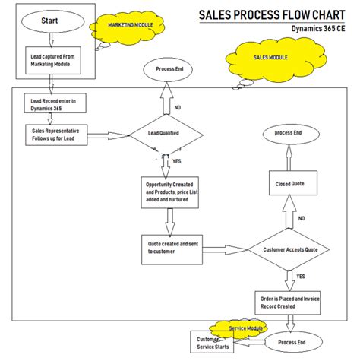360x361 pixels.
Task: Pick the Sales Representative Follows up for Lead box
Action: (x=60, y=135)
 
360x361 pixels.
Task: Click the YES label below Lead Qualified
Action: (x=177, y=161)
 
